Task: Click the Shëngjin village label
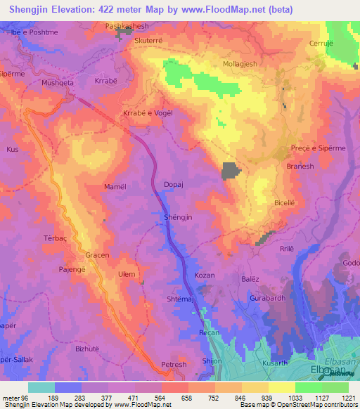[178, 218]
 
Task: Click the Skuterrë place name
[148, 41]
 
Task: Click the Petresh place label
[174, 365]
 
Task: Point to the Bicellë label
[285, 202]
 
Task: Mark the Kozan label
[204, 275]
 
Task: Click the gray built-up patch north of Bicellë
[230, 171]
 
